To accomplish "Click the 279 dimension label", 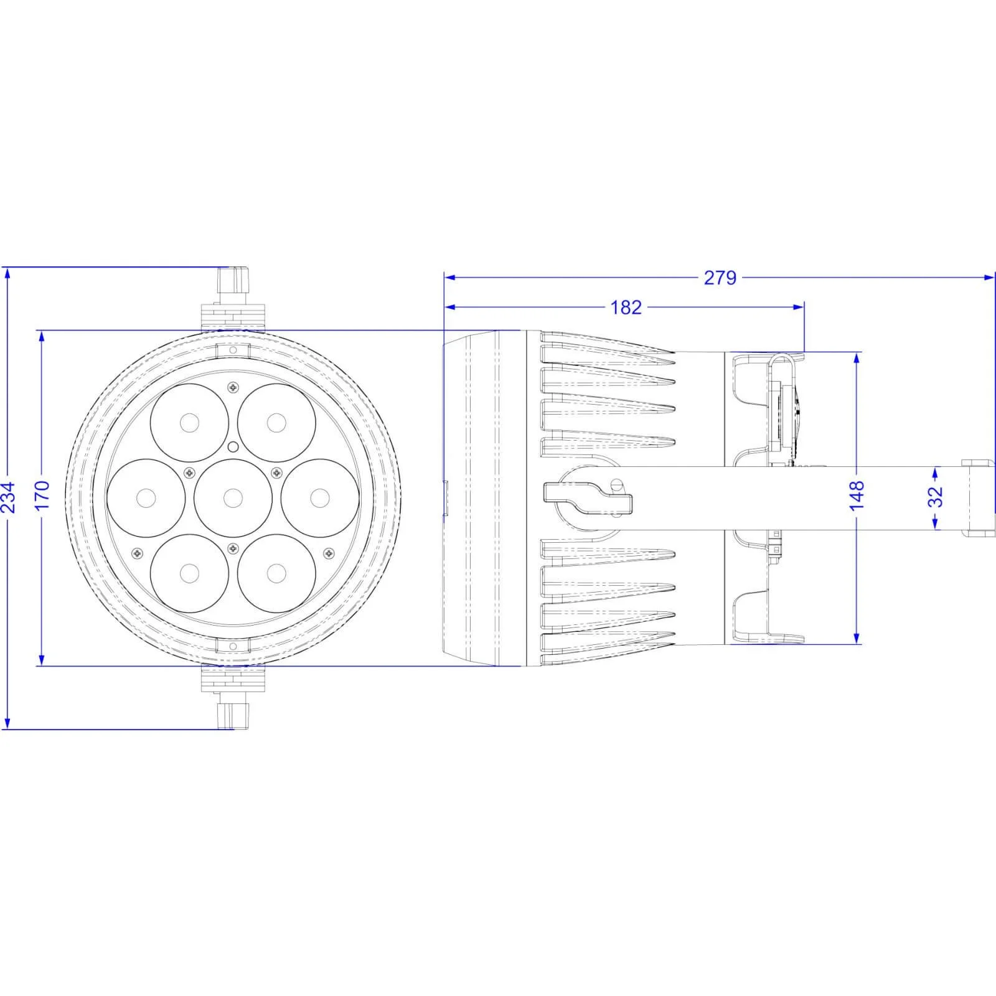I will pyautogui.click(x=720, y=278).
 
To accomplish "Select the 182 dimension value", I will pyautogui.click(x=626, y=307).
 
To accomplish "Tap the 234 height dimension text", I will pyautogui.click(x=9, y=497).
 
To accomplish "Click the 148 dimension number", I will pyautogui.click(x=857, y=495).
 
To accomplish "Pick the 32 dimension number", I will pyautogui.click(x=935, y=496).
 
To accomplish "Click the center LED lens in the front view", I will pyautogui.click(x=233, y=498).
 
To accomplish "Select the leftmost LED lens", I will pyautogui.click(x=146, y=498).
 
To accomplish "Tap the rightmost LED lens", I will pyautogui.click(x=320, y=498).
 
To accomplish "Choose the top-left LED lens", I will pyautogui.click(x=189, y=423).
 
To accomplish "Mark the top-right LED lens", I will pyautogui.click(x=276, y=423).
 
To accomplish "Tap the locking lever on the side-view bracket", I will pyautogui.click(x=588, y=499).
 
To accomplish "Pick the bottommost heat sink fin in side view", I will pyautogui.click(x=607, y=654).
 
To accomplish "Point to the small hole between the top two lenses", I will pyautogui.click(x=233, y=446).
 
